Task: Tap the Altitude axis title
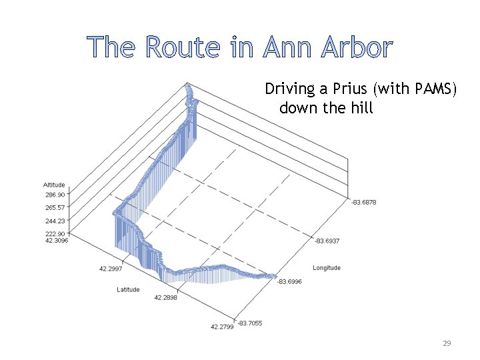[54, 185]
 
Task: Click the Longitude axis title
[327, 268]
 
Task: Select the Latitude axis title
[128, 289]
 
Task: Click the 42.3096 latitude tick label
[56, 241]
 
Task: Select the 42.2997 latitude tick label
[110, 268]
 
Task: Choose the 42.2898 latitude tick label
[165, 297]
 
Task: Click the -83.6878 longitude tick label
[363, 202]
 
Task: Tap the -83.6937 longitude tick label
[327, 241]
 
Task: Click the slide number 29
[447, 343]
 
